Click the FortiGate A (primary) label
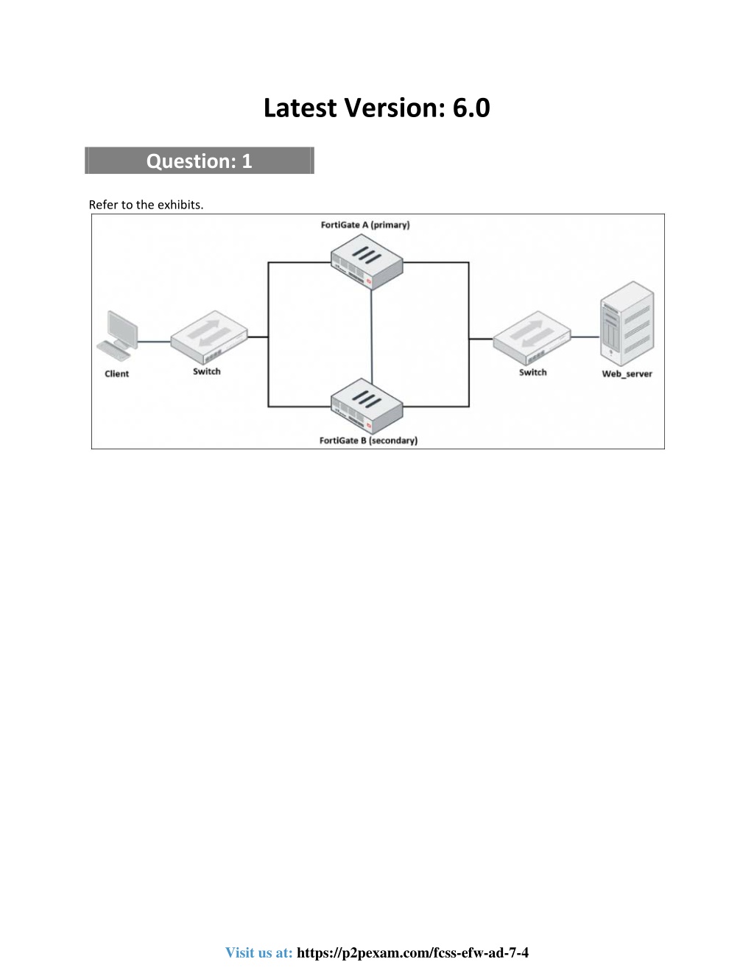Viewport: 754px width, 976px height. tap(365, 225)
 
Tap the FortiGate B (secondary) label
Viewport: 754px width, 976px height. tap(368, 440)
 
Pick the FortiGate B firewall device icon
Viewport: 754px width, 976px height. tap(367, 406)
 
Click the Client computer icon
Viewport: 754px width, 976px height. tap(117, 335)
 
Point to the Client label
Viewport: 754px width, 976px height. tap(116, 373)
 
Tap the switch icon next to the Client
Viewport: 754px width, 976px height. tap(209, 337)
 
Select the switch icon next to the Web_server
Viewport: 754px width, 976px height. tap(532, 338)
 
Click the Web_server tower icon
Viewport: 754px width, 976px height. tap(627, 323)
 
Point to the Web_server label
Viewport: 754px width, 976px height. tap(627, 373)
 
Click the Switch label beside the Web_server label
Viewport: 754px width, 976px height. tap(533, 372)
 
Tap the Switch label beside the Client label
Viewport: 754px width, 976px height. tap(206, 371)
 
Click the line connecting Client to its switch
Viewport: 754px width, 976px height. tap(154, 342)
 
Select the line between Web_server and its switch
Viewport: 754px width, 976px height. tap(585, 337)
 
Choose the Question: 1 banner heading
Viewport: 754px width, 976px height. tap(200, 161)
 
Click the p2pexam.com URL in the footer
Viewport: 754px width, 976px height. tap(412, 952)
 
